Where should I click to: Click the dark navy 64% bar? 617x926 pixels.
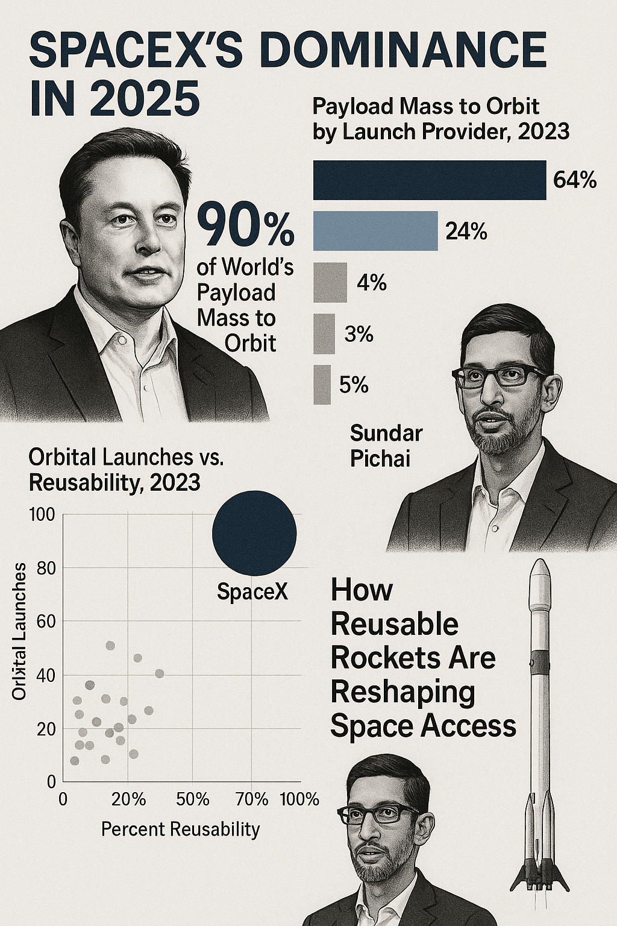point(429,180)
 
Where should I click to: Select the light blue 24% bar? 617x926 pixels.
point(375,231)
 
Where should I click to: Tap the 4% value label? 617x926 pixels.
point(371,282)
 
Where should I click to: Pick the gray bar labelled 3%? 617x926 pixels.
point(324,334)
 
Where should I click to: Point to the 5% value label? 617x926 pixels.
point(354,385)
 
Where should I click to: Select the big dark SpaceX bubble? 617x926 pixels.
point(254,533)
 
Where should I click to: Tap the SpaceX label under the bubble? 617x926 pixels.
point(252,592)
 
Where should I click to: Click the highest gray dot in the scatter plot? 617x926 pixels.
point(110,646)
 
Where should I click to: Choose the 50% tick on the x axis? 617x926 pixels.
point(193,800)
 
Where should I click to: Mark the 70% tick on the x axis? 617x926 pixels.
point(252,800)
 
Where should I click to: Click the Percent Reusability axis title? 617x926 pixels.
point(180,830)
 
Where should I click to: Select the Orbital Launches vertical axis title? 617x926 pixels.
point(20,631)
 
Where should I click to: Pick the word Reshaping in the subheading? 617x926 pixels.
point(402,692)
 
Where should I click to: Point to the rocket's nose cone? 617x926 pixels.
point(540,571)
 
